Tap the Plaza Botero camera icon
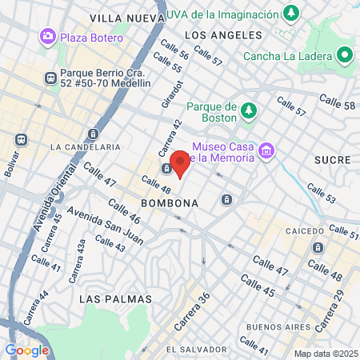tap(48, 37)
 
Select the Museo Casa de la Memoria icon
tap(266, 150)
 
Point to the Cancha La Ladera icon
tap(345, 54)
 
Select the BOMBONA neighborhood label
tap(169, 203)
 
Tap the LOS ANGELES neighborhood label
tap(223, 35)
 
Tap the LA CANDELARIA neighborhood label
tap(85, 147)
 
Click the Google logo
tap(27, 350)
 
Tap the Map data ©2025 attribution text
tap(325, 354)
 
